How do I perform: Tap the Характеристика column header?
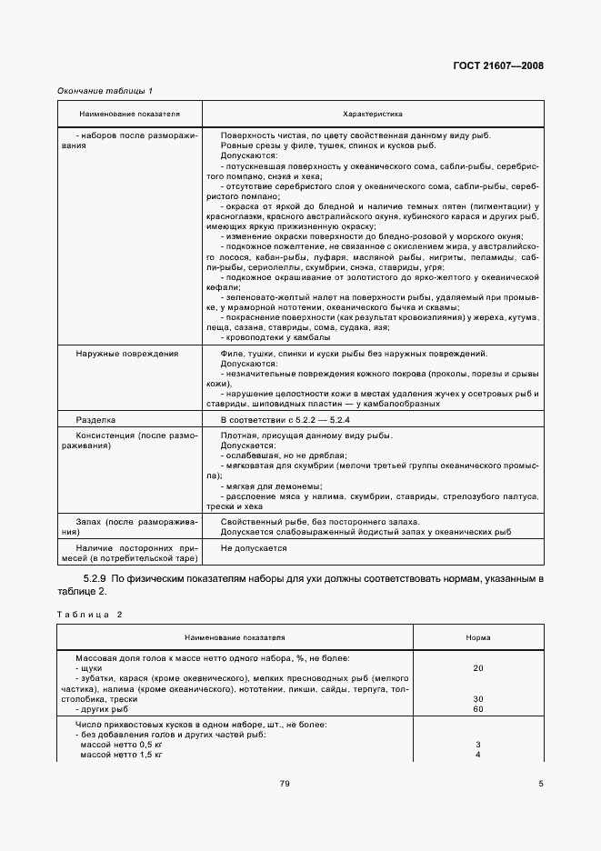pos(373,115)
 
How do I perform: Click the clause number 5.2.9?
pos(95,578)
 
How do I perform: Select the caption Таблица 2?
pos(89,615)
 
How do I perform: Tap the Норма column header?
pos(478,638)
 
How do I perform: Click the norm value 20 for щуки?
pos(478,668)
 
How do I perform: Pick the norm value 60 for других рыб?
pos(478,708)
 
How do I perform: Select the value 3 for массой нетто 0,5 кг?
pos(478,744)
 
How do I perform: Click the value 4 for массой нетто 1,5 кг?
pos(478,754)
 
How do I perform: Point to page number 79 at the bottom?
pos(285,784)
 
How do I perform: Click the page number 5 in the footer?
pos(540,784)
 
